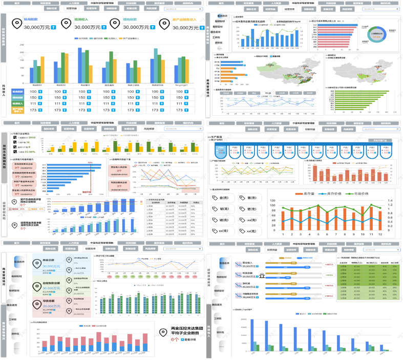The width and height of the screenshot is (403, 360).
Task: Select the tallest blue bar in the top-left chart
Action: [x=80, y=65]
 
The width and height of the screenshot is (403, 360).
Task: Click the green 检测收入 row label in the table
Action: [x=17, y=103]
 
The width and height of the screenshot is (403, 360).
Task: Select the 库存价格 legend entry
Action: [x=337, y=194]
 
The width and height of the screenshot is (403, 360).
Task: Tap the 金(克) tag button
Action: [x=222, y=198]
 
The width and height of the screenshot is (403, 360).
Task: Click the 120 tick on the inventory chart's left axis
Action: [x=272, y=201]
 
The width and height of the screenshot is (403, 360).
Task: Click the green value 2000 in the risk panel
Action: [x=32, y=138]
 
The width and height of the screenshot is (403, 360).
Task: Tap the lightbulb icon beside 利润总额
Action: [x=262, y=275]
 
